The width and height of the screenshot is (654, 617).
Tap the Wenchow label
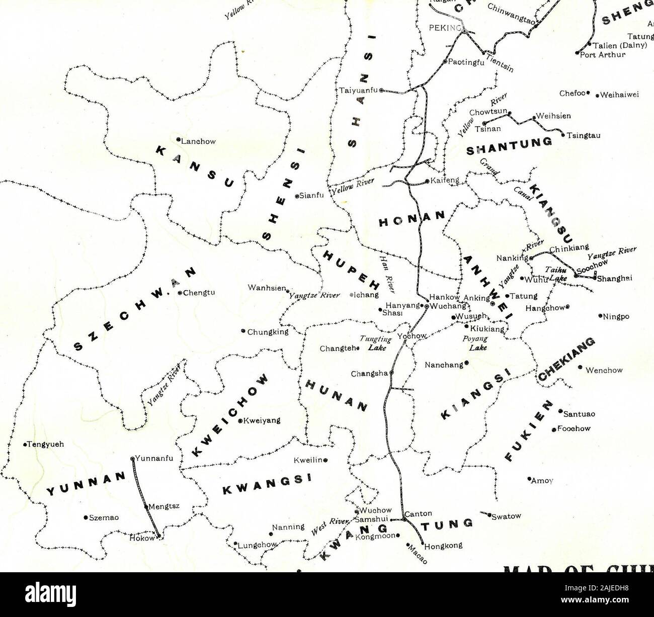click(x=604, y=370)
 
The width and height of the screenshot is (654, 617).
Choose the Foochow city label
click(x=573, y=429)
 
